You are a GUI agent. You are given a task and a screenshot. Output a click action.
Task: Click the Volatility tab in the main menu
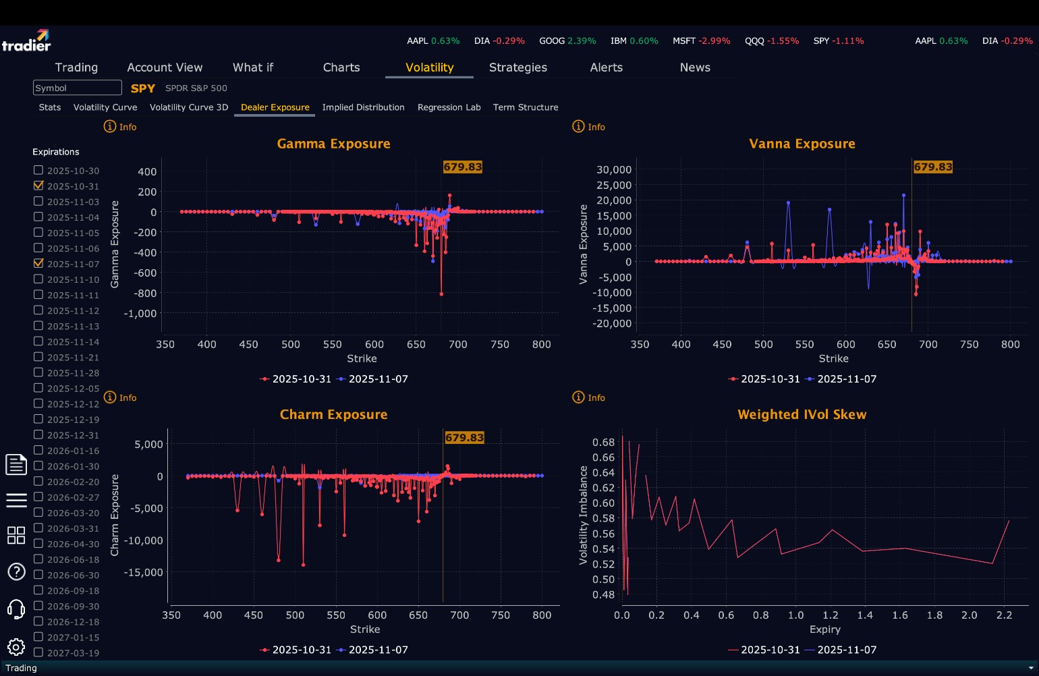pos(429,67)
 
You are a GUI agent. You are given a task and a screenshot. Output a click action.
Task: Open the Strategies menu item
pos(517,67)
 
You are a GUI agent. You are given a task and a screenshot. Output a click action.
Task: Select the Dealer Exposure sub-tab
pos(275,107)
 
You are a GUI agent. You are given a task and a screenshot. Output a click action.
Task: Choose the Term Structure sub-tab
pos(525,107)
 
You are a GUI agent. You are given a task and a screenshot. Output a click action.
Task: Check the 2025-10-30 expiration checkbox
pos(38,171)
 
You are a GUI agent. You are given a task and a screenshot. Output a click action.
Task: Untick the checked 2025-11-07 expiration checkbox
pos(38,264)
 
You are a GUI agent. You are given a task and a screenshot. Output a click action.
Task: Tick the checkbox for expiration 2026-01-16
pos(38,451)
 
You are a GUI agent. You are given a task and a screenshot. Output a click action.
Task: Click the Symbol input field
pos(77,88)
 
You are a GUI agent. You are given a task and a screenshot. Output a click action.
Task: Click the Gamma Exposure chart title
pos(333,144)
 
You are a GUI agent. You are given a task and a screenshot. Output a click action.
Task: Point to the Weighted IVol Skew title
pos(802,415)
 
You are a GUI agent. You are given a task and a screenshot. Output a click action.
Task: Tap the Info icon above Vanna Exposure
pos(579,127)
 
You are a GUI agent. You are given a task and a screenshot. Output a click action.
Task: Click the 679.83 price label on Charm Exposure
pos(464,437)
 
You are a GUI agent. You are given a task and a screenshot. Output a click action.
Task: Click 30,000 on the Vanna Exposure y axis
pos(613,169)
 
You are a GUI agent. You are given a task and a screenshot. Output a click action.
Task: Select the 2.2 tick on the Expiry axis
pos(1004,615)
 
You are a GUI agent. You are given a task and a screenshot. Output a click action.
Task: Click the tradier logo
pos(26,41)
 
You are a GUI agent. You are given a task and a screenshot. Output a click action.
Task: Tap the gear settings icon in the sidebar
pos(16,647)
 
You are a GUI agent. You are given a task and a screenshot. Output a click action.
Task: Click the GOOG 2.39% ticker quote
pos(567,41)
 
